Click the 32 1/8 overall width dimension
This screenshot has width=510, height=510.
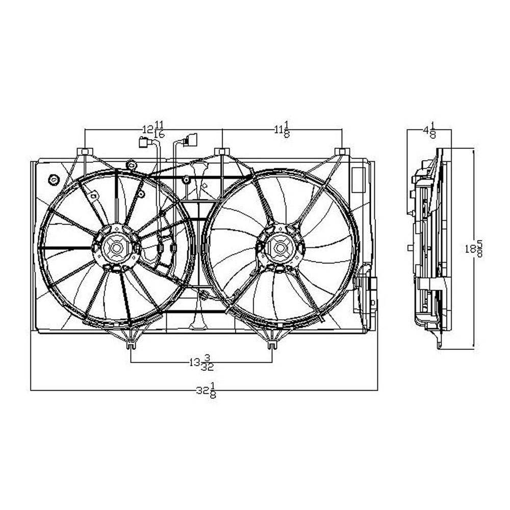point(205,391)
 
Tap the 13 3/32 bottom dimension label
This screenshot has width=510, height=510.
point(200,363)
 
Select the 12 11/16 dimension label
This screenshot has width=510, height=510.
point(152,130)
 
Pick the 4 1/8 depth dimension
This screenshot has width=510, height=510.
point(429,130)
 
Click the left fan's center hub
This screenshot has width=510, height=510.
point(116,248)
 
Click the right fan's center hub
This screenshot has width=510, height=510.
point(279,248)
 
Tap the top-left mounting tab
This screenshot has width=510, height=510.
point(84,151)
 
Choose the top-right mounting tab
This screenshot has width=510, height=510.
point(342,151)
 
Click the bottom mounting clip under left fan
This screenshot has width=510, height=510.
point(131,345)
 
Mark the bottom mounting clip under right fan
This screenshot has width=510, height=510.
point(271,345)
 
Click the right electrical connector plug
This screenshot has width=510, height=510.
point(190,138)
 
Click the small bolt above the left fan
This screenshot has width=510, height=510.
point(132,165)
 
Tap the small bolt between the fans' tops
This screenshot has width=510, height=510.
point(187,180)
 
